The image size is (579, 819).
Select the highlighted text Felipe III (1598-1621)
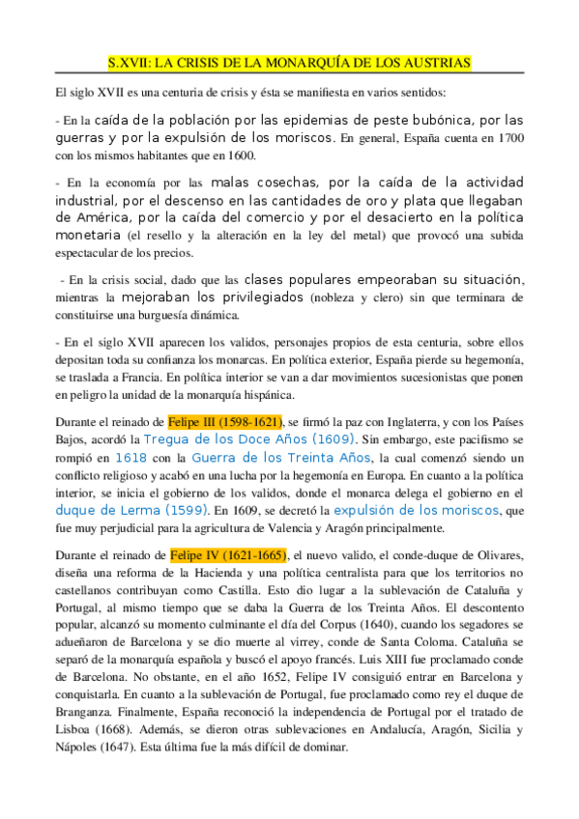(225, 422)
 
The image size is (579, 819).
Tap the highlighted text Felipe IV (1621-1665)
(224, 555)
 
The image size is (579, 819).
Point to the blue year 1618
(131, 458)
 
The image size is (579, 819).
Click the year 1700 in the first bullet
(506, 138)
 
